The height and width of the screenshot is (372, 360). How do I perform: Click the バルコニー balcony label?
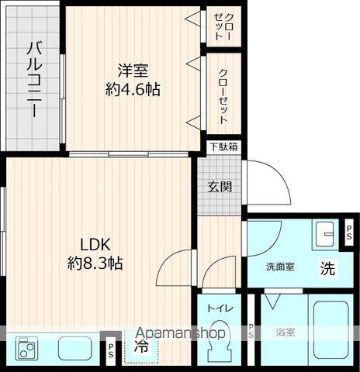[x=33, y=78]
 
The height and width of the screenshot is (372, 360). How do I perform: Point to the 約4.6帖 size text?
[x=133, y=90]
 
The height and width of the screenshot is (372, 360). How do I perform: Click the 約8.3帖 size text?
[x=95, y=263]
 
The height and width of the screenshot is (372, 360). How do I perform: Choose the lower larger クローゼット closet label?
[x=224, y=97]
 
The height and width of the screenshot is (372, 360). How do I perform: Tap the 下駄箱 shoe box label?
[x=223, y=146]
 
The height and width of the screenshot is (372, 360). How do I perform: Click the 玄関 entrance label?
[x=220, y=186]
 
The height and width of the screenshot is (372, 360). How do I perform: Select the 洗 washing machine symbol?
[x=328, y=270]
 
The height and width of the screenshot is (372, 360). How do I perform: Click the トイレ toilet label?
[x=220, y=308]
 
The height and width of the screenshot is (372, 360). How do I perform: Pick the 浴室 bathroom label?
[x=285, y=332]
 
